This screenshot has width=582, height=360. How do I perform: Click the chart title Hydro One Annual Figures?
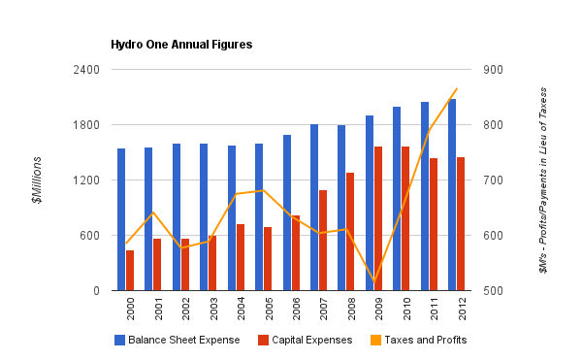pyautogui.click(x=180, y=45)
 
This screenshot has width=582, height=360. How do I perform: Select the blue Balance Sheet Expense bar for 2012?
pyautogui.click(x=452, y=194)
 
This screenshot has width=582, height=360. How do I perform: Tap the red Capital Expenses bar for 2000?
pyautogui.click(x=129, y=271)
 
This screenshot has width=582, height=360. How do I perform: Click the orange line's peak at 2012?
pyautogui.click(x=456, y=89)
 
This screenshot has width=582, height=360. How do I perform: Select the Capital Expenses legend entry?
pyautogui.click(x=305, y=340)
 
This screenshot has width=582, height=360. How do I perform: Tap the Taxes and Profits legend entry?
pyautogui.click(x=420, y=340)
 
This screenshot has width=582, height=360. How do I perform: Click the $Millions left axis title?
pyautogui.click(x=37, y=180)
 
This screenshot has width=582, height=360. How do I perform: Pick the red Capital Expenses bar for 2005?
pyautogui.click(x=268, y=259)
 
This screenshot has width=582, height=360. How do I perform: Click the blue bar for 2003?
pyautogui.click(x=204, y=217)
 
